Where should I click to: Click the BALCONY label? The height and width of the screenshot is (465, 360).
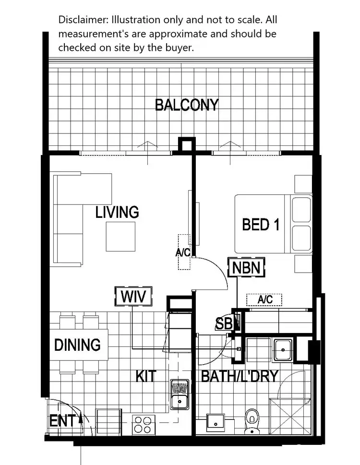coord(187,105)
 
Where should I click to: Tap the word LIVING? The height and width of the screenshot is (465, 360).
coord(117,212)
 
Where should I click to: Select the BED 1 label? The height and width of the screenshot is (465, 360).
coord(261,225)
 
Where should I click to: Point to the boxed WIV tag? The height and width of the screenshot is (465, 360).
coord(133,296)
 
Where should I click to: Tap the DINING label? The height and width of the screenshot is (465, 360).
coord(77,345)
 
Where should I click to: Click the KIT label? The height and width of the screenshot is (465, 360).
coord(145,376)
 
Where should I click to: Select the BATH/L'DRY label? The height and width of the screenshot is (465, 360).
coord(240,376)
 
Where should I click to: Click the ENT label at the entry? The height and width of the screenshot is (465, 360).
coord(62,421)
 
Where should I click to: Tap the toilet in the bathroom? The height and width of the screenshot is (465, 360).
coord(252,421)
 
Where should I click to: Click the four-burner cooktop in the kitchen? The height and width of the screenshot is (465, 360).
coord(143,424)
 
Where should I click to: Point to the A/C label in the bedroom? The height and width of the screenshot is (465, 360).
coord(264,299)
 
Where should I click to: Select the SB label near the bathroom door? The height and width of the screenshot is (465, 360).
coord(224,324)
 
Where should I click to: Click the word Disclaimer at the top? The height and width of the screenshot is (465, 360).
coord(82,20)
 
